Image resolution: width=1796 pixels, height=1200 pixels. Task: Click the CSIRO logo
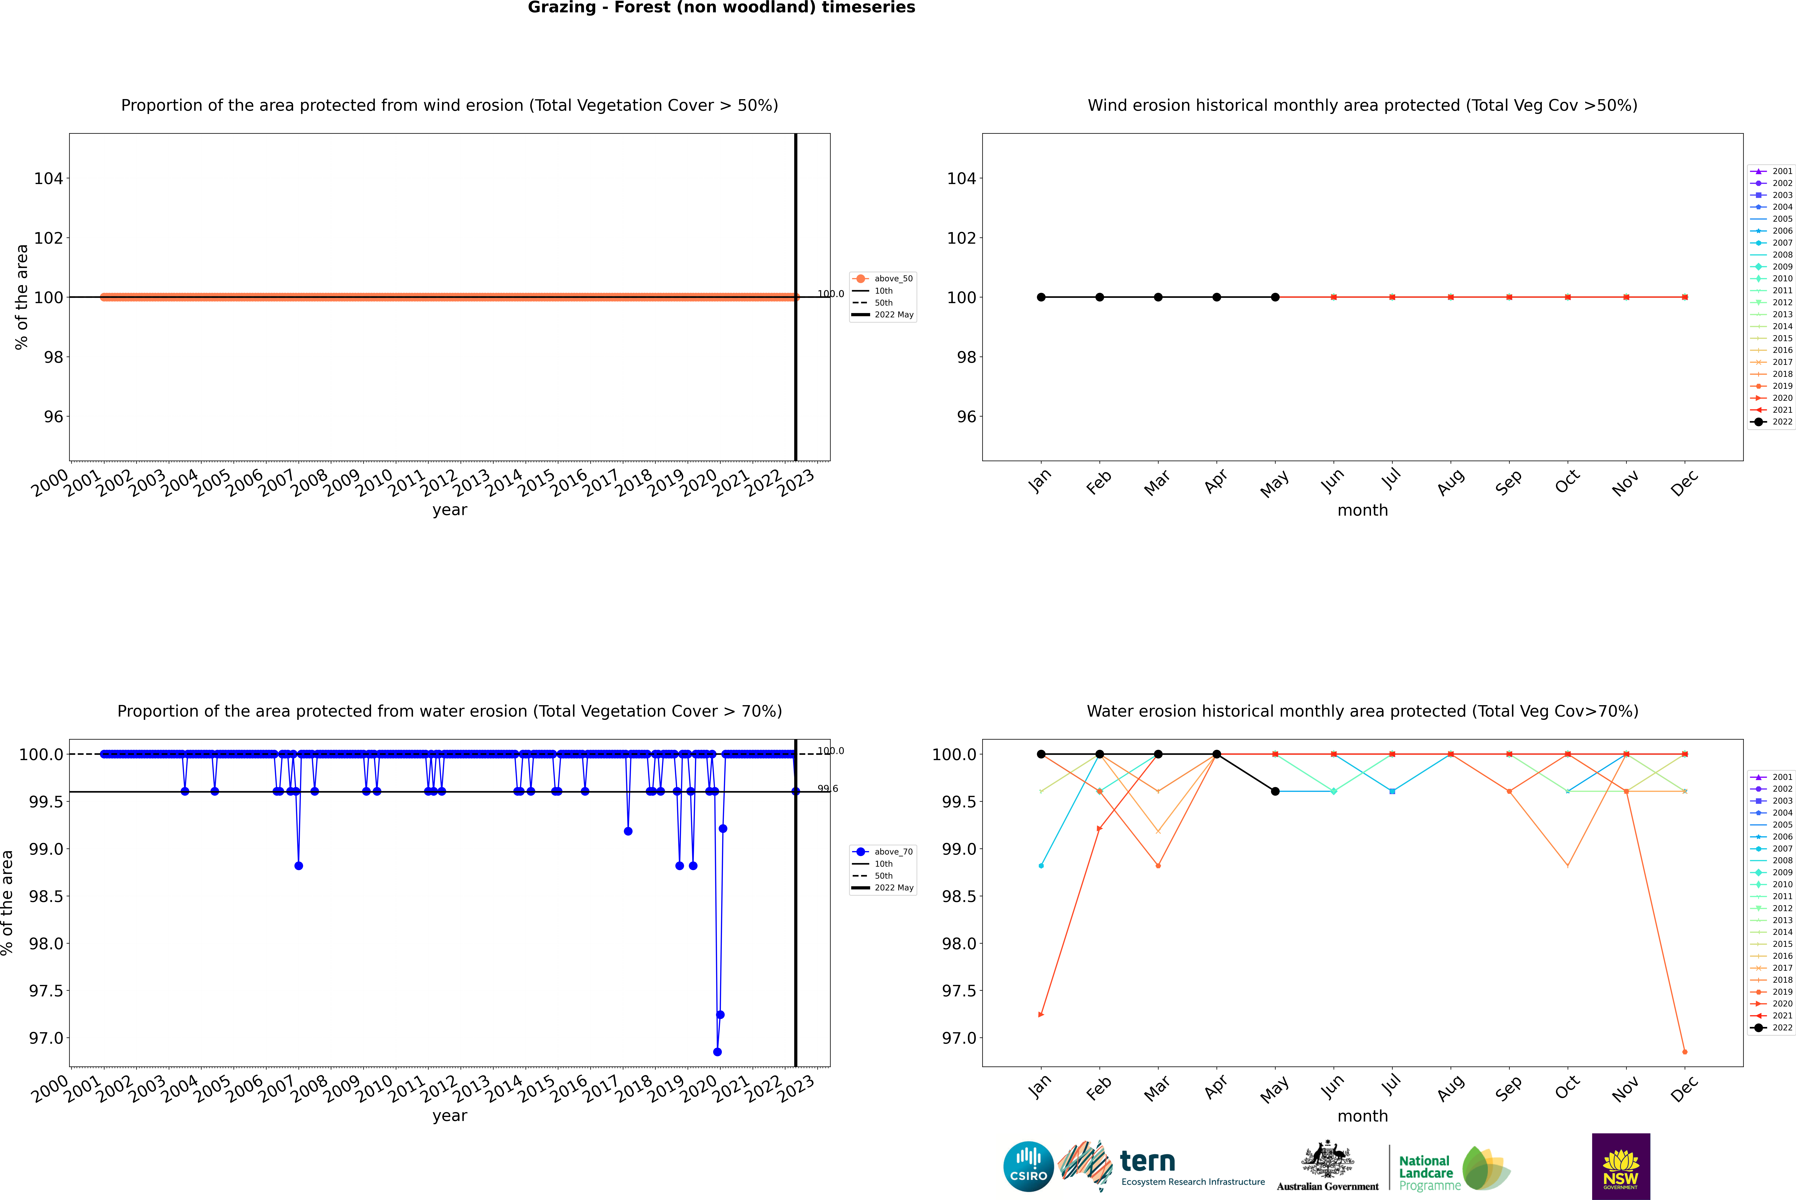[x=1028, y=1166]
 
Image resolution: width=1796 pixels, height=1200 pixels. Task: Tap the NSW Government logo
[x=1621, y=1166]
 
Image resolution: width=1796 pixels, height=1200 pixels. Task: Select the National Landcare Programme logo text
[x=1426, y=1172]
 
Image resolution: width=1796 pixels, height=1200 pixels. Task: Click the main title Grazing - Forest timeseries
[x=721, y=8]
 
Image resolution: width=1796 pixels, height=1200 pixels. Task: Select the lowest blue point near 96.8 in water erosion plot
[x=717, y=1051]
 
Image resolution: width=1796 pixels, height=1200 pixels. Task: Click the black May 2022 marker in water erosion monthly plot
[x=1275, y=791]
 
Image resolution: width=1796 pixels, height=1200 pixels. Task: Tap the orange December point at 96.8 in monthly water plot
[x=1684, y=1051]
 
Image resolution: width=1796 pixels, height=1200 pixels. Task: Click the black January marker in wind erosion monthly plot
[x=1041, y=297]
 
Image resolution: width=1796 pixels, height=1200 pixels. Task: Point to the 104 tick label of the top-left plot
[x=48, y=178]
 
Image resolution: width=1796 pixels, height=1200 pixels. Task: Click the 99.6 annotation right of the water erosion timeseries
[x=828, y=788]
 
